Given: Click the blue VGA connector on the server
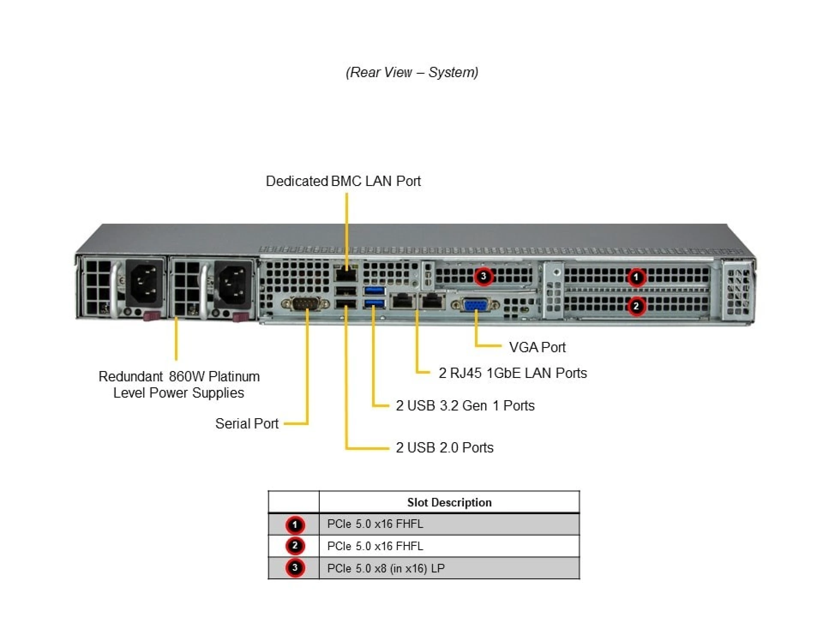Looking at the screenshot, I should click(476, 305).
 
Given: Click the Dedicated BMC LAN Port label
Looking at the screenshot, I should click(343, 181).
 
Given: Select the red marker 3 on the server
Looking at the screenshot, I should click(484, 276).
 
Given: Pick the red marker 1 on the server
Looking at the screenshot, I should click(636, 277).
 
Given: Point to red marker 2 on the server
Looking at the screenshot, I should click(636, 306).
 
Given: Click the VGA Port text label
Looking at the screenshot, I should click(537, 347).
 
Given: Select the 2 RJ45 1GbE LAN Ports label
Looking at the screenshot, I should click(512, 373).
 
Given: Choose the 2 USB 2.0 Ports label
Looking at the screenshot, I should click(445, 447).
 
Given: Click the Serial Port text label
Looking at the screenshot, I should click(246, 423).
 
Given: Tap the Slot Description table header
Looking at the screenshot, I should click(449, 502).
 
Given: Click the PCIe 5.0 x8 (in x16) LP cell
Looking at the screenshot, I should click(386, 568).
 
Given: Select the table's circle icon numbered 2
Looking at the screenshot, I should click(294, 546).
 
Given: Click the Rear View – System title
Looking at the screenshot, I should click(411, 72).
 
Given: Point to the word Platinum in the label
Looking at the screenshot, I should click(234, 376).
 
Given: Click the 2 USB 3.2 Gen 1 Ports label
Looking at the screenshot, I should click(465, 405).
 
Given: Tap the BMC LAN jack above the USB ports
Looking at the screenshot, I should click(346, 273).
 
